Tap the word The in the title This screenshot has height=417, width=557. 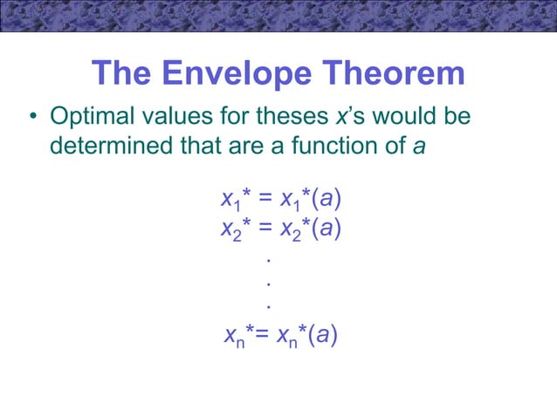(122, 73)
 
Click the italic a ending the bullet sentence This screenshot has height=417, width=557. (419, 145)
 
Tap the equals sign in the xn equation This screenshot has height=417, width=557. (262, 335)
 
